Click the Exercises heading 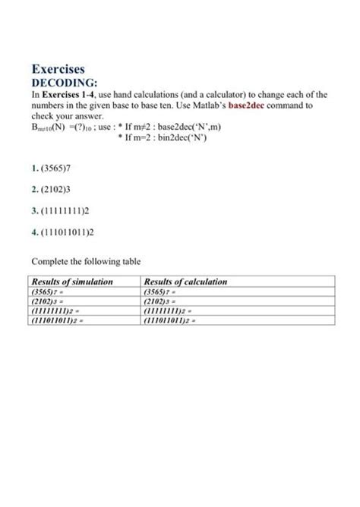coord(58,69)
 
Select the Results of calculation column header coord(185,282)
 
